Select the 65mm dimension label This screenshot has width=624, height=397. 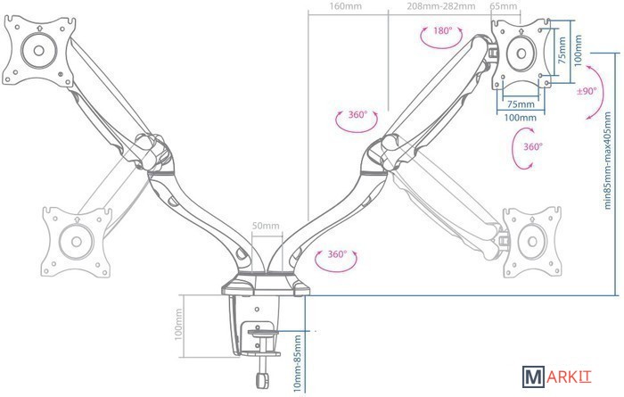[503, 6]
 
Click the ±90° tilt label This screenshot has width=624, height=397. [587, 91]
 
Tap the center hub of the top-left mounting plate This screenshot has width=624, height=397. [39, 48]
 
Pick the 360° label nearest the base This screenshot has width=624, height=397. [337, 254]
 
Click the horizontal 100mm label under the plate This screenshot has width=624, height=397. [521, 117]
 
